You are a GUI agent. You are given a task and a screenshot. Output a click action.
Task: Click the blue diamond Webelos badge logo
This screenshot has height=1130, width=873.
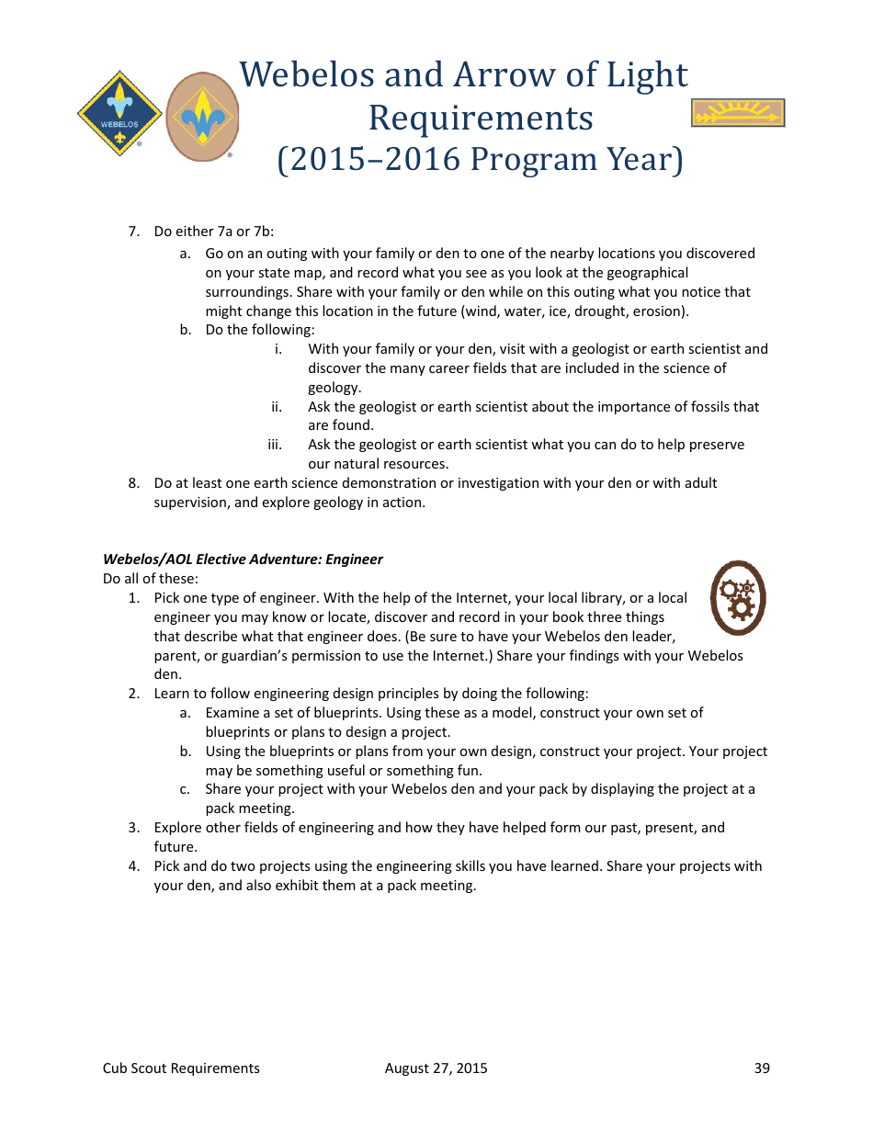click(x=119, y=115)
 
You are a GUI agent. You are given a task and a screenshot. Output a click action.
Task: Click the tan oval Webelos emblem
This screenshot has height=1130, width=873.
click(x=202, y=117)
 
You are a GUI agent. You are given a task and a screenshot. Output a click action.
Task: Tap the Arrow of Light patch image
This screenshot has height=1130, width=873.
click(x=737, y=113)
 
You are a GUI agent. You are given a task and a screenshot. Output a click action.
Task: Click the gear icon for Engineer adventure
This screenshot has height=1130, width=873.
click(x=737, y=598)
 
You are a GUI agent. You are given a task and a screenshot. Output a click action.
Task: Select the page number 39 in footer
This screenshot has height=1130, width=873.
click(x=762, y=1068)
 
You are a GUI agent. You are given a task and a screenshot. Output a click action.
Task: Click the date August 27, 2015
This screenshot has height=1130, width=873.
click(x=436, y=1068)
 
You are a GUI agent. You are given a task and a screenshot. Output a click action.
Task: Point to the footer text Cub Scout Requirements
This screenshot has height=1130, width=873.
click(x=181, y=1068)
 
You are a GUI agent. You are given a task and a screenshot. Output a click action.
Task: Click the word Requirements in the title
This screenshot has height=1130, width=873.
click(x=481, y=118)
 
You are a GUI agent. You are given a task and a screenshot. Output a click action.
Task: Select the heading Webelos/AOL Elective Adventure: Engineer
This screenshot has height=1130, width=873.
click(x=243, y=559)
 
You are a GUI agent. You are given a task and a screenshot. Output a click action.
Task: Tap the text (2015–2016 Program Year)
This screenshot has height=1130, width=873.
click(x=481, y=159)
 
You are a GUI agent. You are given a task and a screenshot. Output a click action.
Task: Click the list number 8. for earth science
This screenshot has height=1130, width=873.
click(x=134, y=483)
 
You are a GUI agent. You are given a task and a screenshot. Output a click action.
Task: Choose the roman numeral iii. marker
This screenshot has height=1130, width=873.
click(x=275, y=445)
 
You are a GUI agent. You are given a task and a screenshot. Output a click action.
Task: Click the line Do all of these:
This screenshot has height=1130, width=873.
click(x=151, y=579)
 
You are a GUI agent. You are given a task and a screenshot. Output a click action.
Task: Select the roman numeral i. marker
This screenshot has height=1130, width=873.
click(x=278, y=349)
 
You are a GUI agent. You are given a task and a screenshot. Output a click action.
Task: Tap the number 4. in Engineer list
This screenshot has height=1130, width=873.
click(x=134, y=866)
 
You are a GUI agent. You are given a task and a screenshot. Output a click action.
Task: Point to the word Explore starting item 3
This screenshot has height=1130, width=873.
click(x=178, y=828)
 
